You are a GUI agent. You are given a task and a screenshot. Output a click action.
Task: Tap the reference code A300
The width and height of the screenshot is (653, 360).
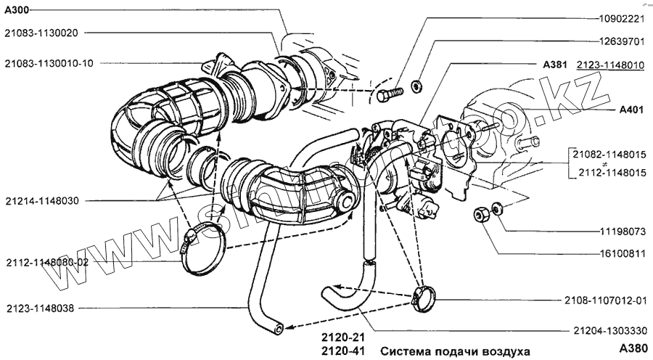coord(17,9)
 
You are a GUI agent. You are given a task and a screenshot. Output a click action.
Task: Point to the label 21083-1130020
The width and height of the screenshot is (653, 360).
coord(46,32)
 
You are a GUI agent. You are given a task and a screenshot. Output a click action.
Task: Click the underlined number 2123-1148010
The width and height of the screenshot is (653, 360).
coord(610,65)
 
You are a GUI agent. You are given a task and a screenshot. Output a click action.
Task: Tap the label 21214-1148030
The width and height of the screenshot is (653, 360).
coord(43,200)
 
